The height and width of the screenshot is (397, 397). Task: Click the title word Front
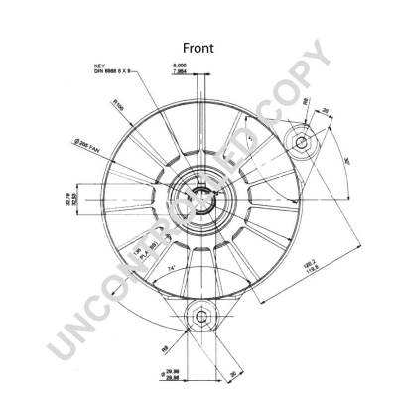[x=198, y=48]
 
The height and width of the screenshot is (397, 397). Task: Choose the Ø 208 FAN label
[x=88, y=147]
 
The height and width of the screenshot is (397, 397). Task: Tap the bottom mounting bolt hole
[x=201, y=318]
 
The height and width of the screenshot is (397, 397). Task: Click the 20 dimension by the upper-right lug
[x=323, y=110]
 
